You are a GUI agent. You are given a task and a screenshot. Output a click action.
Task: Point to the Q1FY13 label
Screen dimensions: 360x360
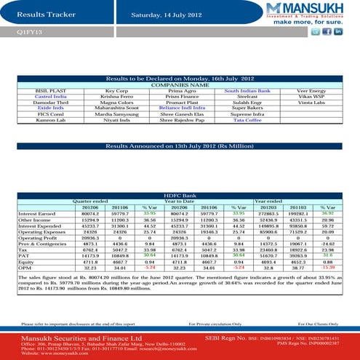click(30, 33)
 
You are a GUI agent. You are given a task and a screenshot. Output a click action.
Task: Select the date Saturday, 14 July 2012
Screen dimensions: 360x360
click(166, 14)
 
